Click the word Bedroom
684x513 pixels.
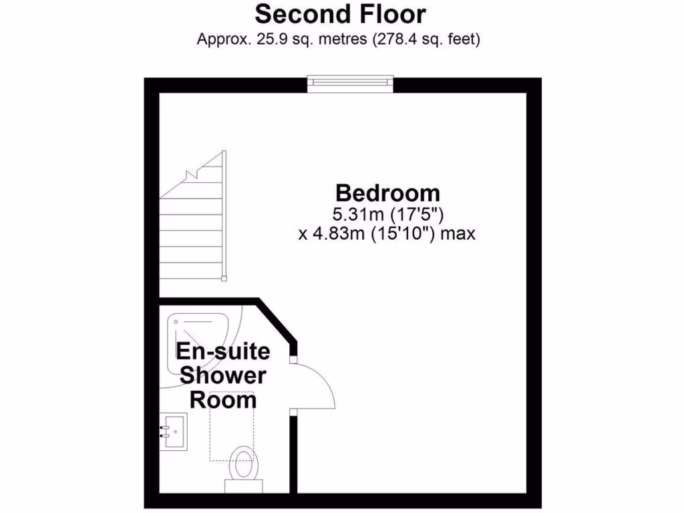pos(387,193)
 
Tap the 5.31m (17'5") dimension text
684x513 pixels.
pos(388,214)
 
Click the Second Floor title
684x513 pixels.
pos(340,14)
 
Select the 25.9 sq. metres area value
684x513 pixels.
pos(291,39)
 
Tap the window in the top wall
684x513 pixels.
pos(350,82)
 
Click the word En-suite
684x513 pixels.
pos(222,351)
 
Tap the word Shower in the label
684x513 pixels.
pos(222,375)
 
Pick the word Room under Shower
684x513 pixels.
pos(223,400)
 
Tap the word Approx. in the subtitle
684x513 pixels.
pos(222,39)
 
